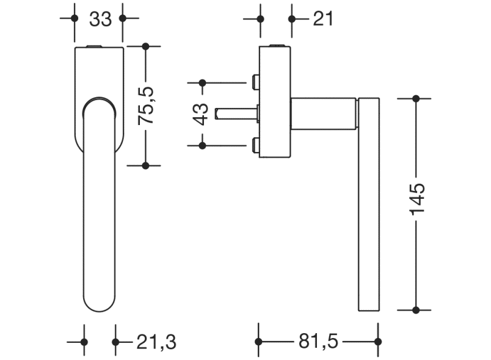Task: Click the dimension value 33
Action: (100, 20)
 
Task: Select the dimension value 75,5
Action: (147, 106)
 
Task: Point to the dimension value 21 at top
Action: (323, 19)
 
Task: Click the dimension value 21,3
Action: (150, 342)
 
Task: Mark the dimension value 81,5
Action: (319, 342)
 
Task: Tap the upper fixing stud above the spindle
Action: (255, 81)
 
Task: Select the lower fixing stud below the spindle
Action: (255, 145)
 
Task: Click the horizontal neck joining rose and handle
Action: (322, 113)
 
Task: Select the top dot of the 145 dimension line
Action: (416, 98)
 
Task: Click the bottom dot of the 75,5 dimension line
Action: (145, 165)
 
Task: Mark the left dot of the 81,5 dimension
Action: (258, 342)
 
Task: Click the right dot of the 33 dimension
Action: (122, 18)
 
